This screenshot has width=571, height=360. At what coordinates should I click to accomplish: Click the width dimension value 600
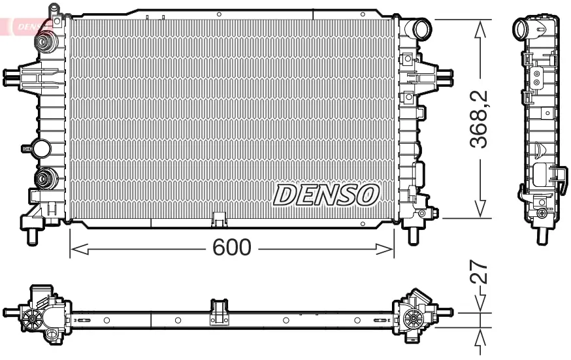[232, 248]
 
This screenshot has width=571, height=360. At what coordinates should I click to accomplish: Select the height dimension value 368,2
[481, 119]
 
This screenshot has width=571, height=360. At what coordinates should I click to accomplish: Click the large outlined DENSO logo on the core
[326, 194]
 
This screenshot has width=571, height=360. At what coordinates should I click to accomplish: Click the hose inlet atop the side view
[523, 29]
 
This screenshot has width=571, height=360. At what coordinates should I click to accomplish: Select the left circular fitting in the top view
[32, 318]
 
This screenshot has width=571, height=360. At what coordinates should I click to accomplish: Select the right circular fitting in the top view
[412, 318]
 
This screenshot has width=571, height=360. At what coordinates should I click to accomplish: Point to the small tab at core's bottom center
[219, 218]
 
